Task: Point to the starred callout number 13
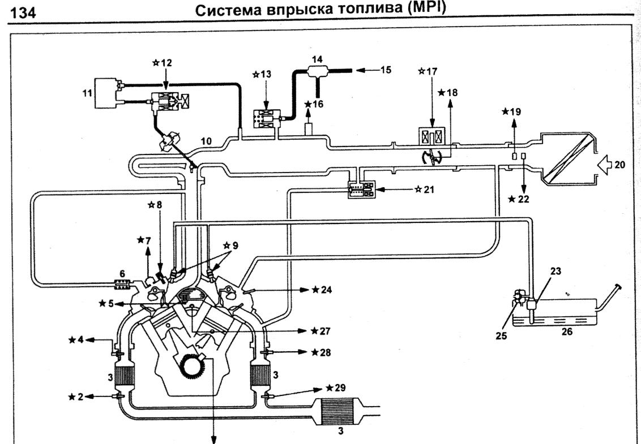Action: [263, 75]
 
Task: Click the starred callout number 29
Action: [339, 389]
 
